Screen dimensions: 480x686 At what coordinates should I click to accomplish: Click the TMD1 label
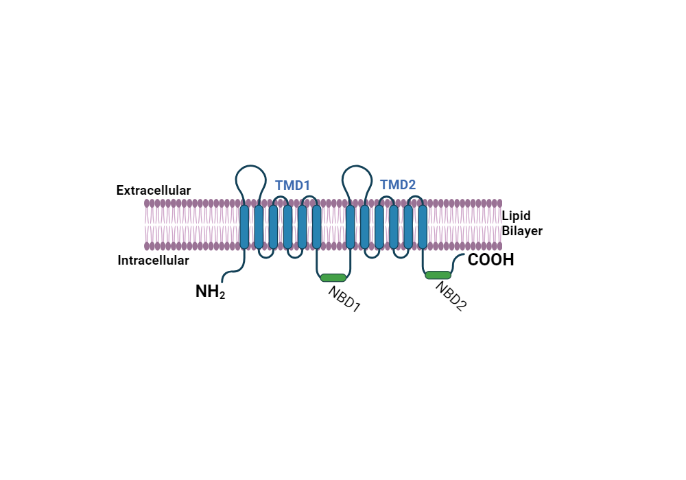(293, 185)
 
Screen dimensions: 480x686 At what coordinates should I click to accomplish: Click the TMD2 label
(398, 184)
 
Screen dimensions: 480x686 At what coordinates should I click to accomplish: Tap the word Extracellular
(154, 190)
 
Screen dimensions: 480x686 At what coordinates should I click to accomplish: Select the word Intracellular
(153, 261)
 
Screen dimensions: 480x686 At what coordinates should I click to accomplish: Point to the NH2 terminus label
(210, 292)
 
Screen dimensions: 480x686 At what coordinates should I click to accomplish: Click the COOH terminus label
(490, 261)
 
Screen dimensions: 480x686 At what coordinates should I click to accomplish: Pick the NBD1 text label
(344, 299)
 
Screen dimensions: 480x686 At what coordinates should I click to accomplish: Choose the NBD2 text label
(451, 296)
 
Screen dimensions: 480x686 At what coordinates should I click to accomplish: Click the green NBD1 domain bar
(333, 278)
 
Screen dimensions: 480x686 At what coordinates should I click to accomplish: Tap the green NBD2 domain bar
(438, 275)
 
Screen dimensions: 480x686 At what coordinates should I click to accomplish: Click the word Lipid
(516, 216)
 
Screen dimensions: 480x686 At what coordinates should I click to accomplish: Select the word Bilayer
(522, 231)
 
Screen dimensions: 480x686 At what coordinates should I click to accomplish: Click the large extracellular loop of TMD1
(251, 178)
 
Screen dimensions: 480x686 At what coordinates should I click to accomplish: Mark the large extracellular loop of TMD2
(357, 178)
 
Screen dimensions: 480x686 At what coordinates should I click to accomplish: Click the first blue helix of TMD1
(244, 227)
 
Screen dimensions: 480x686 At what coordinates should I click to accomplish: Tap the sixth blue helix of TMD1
(316, 227)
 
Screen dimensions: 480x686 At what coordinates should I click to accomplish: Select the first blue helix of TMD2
(351, 227)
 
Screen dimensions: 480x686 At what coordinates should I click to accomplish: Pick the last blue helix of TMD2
(423, 227)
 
